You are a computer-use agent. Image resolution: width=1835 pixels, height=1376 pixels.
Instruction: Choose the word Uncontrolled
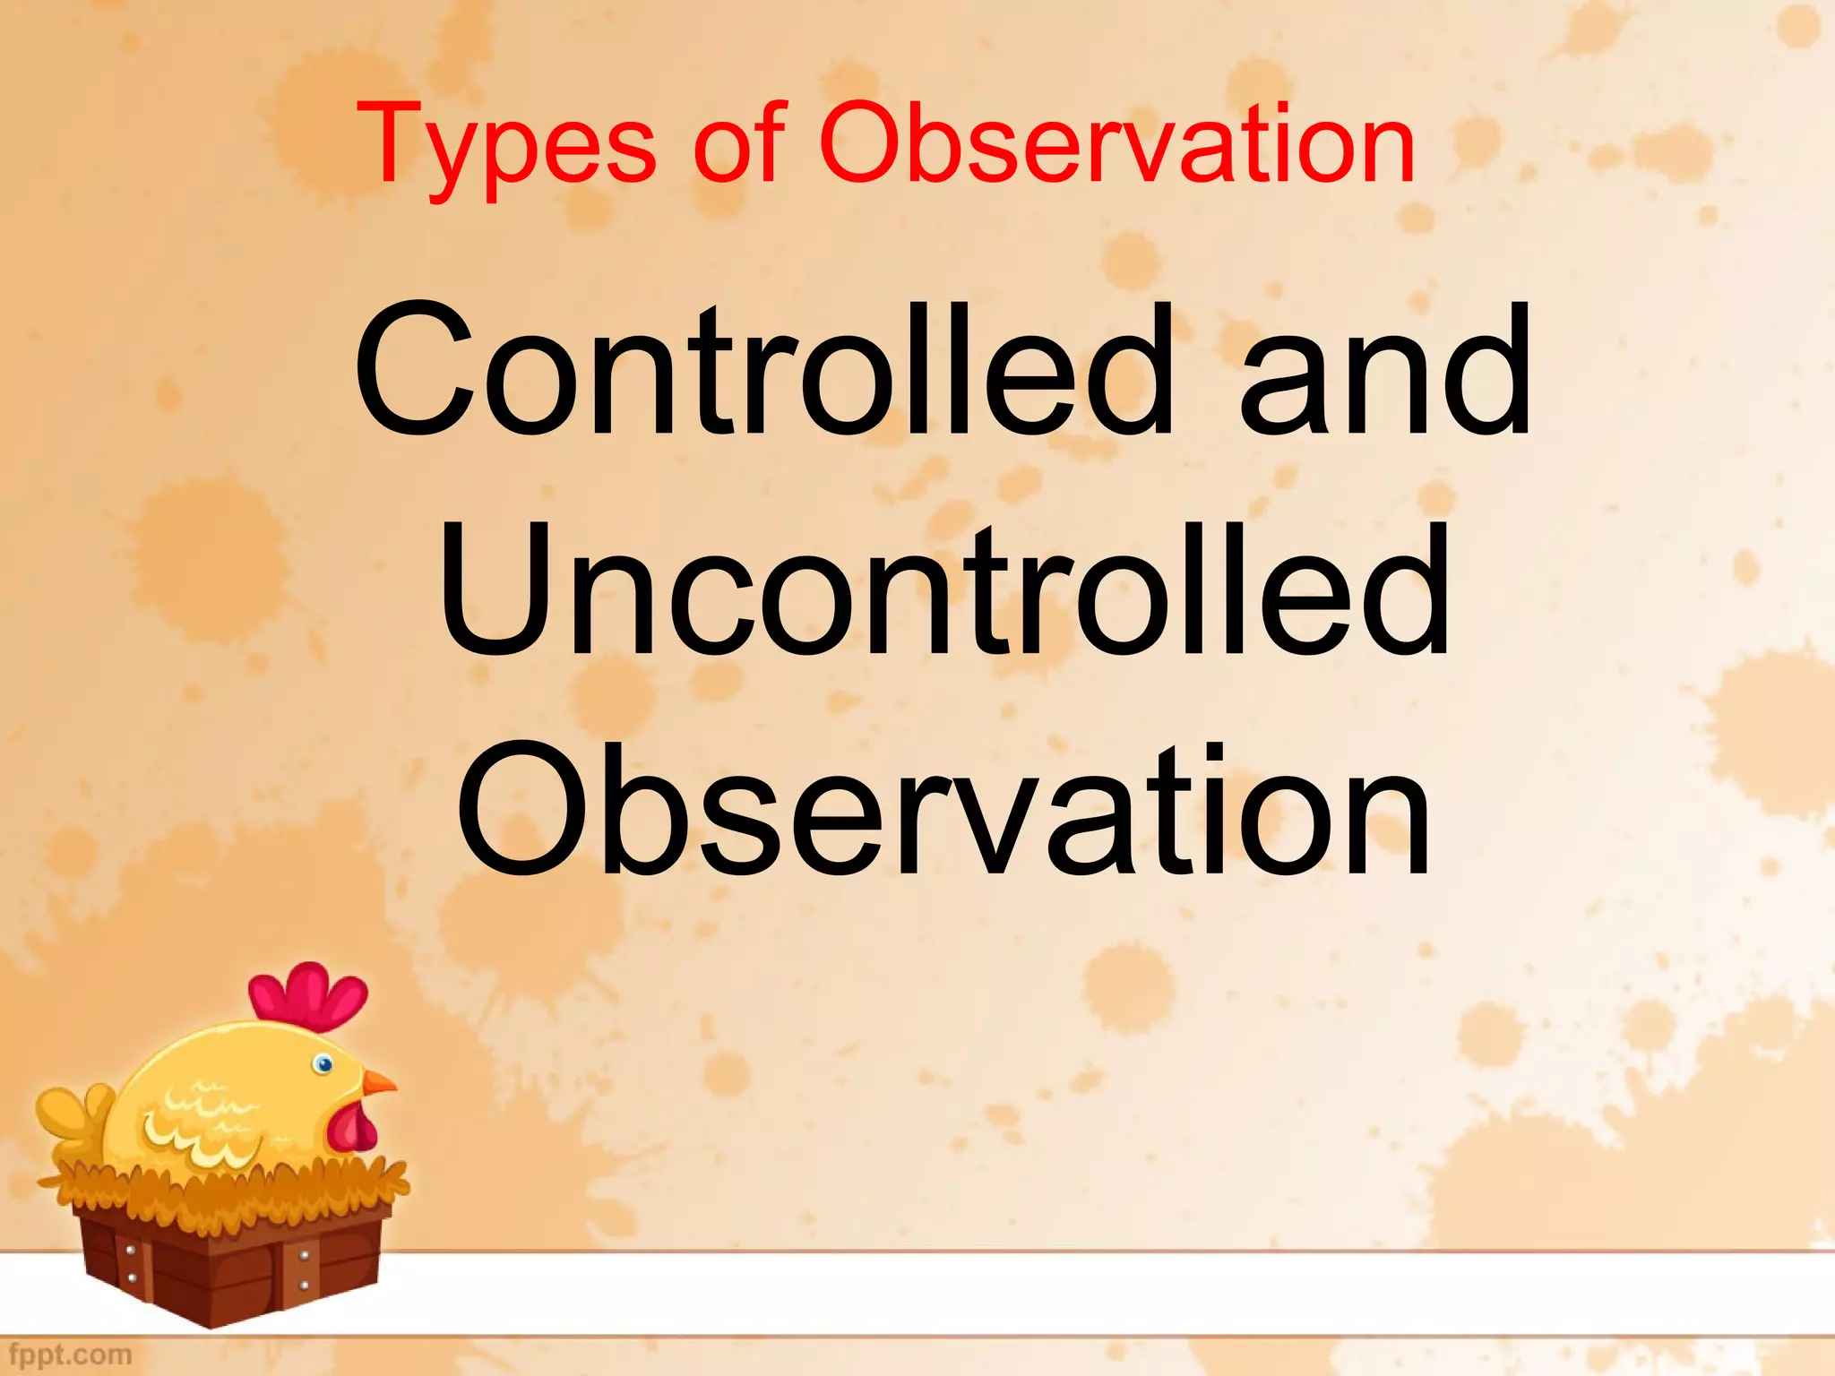[944, 591]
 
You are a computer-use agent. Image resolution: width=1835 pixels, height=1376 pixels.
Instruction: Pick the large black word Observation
[944, 811]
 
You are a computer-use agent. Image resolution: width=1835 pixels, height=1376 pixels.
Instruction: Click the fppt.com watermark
[72, 1354]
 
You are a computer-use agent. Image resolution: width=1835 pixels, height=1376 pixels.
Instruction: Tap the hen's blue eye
[323, 1064]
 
